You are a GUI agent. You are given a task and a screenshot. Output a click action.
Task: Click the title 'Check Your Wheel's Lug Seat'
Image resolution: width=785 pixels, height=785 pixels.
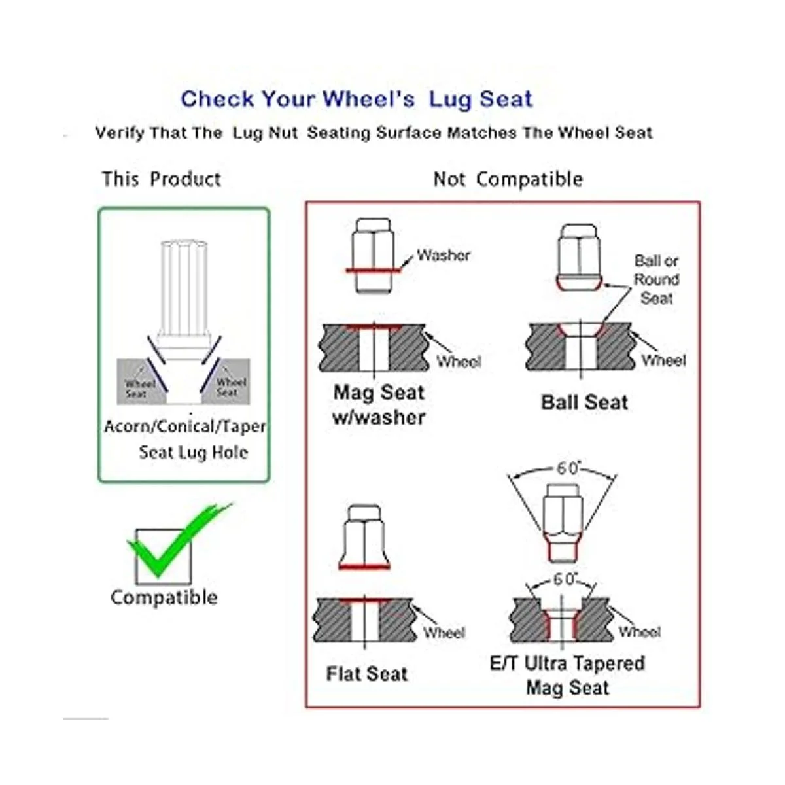pyautogui.click(x=357, y=99)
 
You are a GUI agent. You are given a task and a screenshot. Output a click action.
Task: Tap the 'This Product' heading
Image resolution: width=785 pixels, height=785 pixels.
pyautogui.click(x=162, y=179)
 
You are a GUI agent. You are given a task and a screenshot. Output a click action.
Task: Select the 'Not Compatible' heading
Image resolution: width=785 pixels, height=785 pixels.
pyautogui.click(x=508, y=179)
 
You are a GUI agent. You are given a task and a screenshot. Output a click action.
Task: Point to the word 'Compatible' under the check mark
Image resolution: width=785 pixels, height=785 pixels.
pyautogui.click(x=164, y=598)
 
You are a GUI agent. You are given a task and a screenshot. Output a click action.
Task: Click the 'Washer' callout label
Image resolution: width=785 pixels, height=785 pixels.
pyautogui.click(x=444, y=255)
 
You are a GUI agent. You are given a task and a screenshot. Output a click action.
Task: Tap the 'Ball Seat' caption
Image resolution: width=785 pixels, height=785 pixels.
pyautogui.click(x=584, y=402)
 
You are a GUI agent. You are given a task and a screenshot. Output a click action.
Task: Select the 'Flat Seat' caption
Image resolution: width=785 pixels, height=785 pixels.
pyautogui.click(x=366, y=674)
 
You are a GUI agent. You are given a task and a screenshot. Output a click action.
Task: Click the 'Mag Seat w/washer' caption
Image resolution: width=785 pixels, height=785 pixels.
pyautogui.click(x=379, y=406)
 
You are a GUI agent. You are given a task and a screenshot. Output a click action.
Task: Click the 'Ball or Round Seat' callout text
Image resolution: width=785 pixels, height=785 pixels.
pyautogui.click(x=656, y=280)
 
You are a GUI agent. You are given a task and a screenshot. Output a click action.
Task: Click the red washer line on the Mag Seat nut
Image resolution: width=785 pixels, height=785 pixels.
pyautogui.click(x=374, y=270)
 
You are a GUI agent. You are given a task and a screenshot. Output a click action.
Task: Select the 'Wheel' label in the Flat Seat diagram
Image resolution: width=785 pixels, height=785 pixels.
pyautogui.click(x=444, y=633)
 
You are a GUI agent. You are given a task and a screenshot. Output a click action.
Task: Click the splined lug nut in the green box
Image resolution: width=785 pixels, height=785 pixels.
pyautogui.click(x=184, y=300)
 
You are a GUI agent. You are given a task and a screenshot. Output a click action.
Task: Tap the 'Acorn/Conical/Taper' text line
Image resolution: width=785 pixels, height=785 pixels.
pyautogui.click(x=185, y=427)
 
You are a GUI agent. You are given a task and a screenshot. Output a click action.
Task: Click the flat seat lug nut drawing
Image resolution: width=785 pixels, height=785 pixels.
pyautogui.click(x=364, y=537)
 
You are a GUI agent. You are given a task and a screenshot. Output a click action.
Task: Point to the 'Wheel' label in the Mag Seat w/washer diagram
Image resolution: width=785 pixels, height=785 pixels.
pyautogui.click(x=459, y=361)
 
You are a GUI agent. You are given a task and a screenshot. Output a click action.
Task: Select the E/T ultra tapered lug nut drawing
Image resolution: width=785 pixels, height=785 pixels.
pyautogui.click(x=563, y=523)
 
